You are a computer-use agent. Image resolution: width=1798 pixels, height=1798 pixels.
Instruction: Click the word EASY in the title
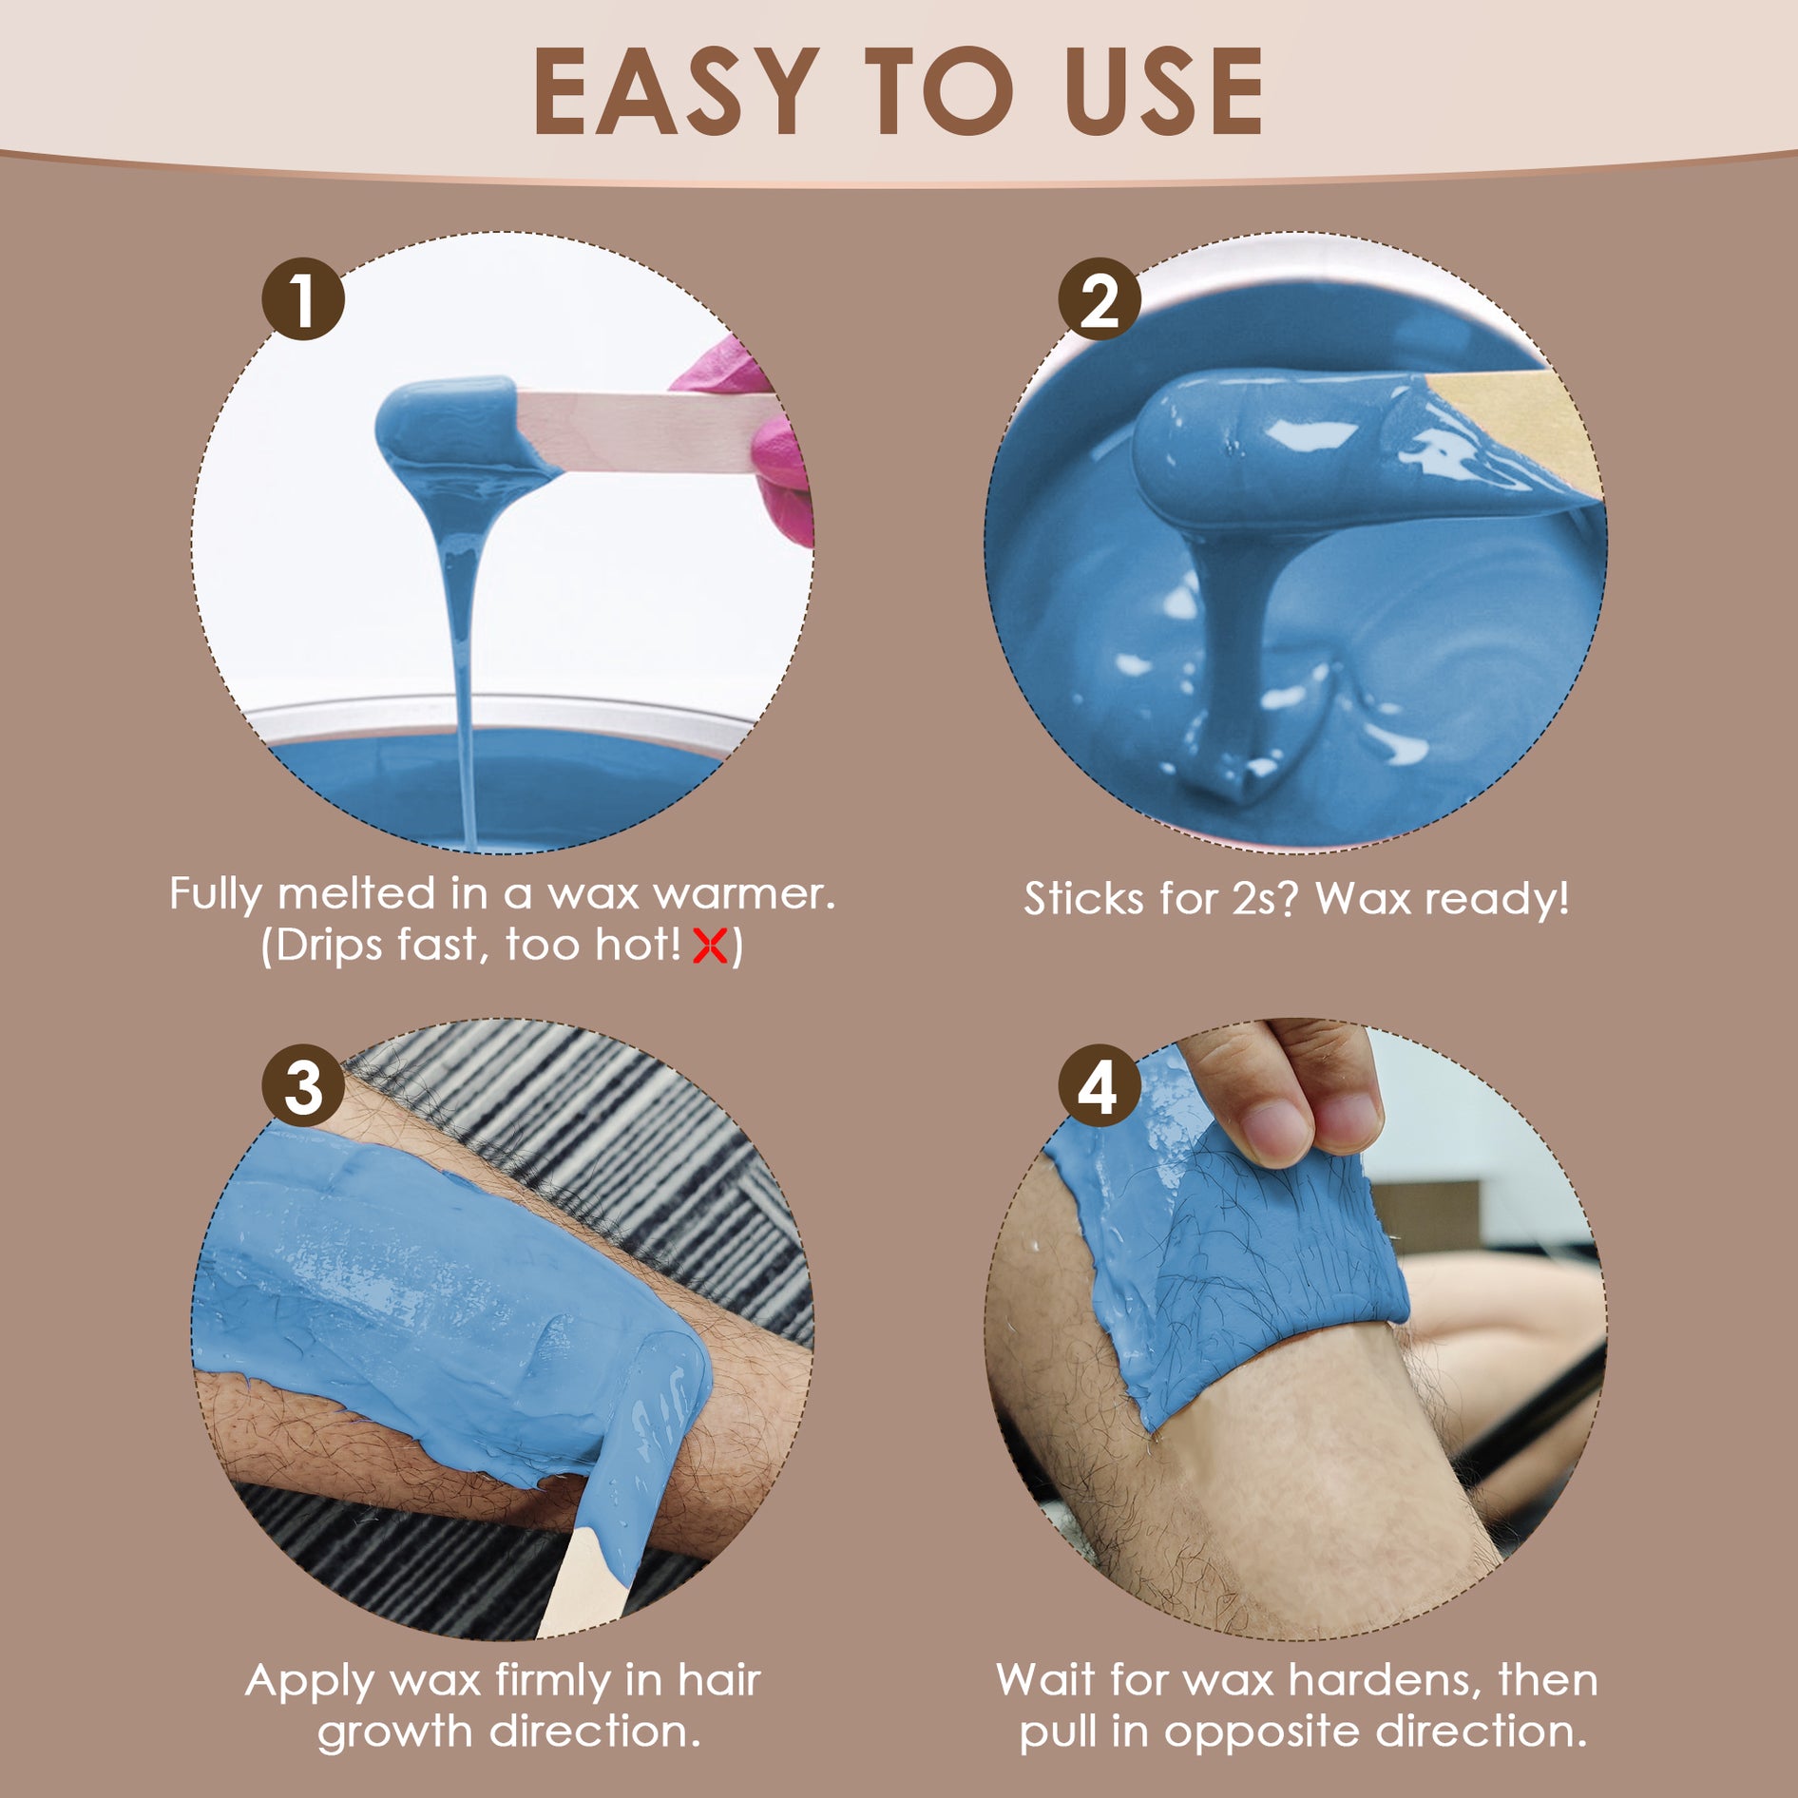point(677,91)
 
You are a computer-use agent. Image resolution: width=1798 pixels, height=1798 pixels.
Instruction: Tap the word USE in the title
point(1164,91)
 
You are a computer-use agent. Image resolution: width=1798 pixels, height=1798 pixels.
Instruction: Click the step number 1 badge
point(303,299)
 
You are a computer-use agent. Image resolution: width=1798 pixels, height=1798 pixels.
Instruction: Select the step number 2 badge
point(1100,299)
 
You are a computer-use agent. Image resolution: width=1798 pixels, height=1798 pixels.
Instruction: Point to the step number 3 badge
point(303,1086)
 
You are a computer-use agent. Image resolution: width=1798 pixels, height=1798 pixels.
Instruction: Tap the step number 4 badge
point(1100,1086)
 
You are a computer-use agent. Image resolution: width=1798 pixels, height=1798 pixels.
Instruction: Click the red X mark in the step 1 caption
point(711,946)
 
